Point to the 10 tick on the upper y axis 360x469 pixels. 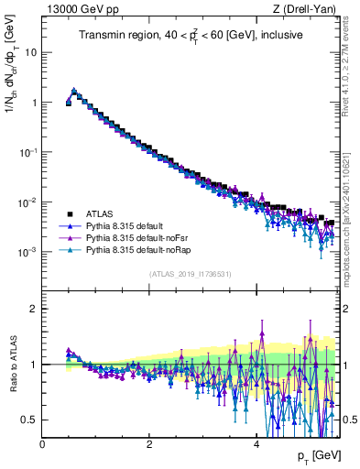[x=34, y=52]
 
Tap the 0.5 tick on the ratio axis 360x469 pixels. [x=32, y=420]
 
